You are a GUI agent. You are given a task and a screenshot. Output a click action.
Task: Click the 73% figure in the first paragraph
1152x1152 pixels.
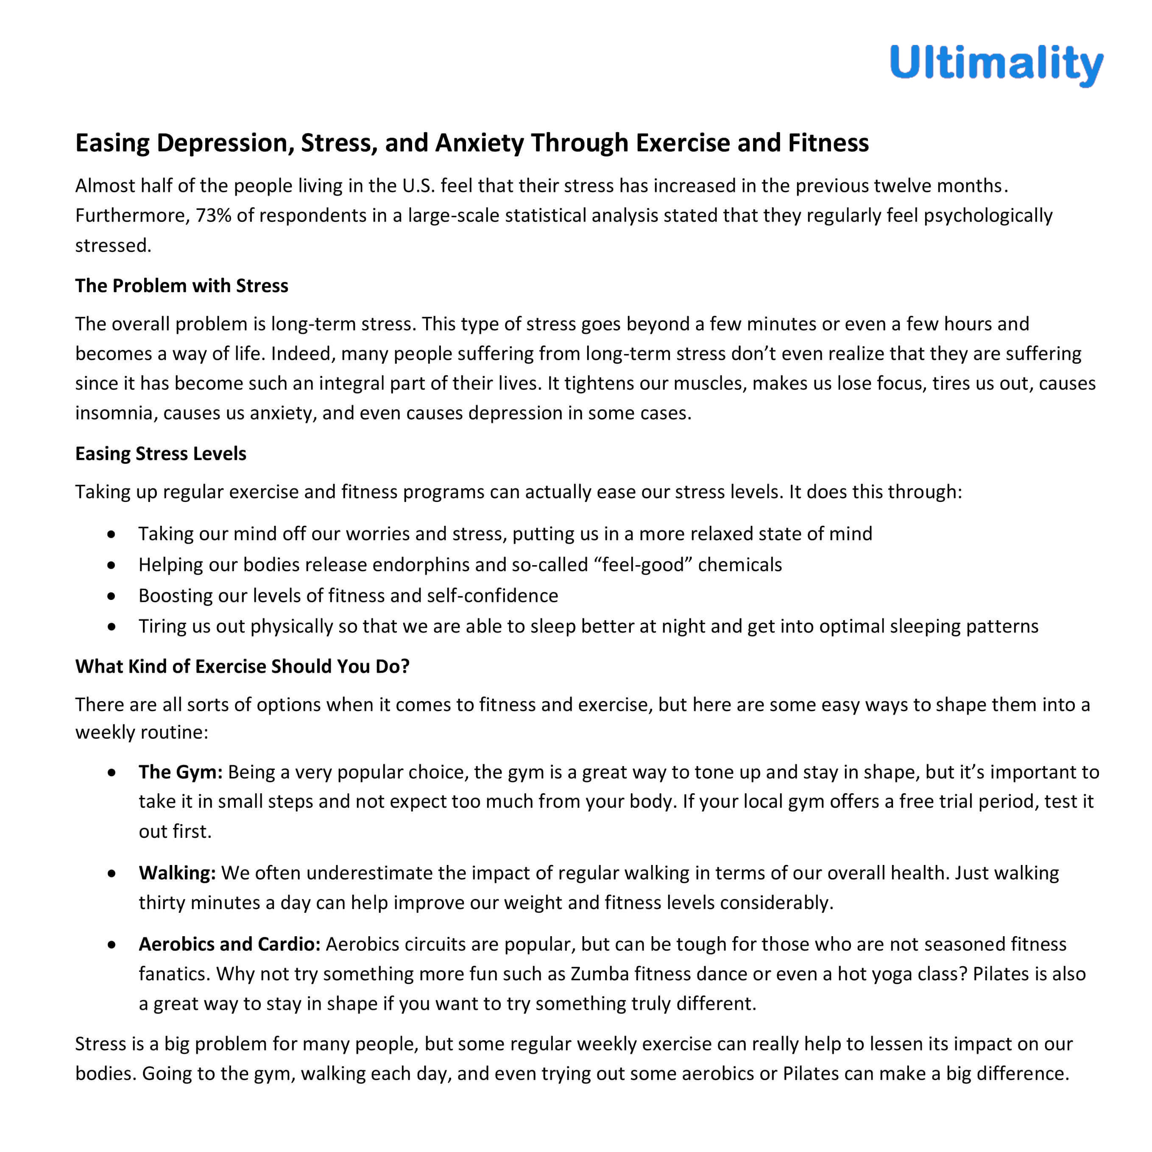tap(213, 215)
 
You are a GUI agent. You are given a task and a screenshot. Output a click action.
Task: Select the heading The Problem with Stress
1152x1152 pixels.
tap(181, 286)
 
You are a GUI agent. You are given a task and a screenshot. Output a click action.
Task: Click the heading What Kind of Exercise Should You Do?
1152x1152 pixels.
tap(242, 666)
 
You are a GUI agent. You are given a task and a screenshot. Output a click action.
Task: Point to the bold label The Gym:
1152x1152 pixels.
tap(180, 772)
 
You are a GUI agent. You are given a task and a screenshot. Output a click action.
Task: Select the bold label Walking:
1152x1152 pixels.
tap(177, 873)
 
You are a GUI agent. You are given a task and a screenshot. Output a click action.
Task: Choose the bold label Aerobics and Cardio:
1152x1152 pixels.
tap(229, 944)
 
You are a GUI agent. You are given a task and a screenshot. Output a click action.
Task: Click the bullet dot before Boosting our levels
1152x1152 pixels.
tap(112, 596)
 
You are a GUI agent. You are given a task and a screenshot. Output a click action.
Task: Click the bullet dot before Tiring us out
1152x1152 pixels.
tap(112, 627)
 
